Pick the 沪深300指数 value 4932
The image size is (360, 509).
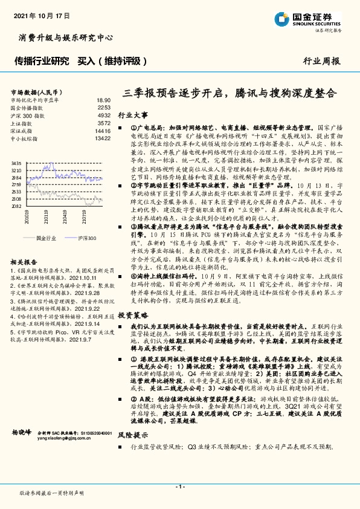pos(104,115)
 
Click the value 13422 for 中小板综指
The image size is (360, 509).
pos(103,138)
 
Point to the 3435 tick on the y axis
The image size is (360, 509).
pos(16,163)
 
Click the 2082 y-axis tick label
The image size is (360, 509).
pos(16,206)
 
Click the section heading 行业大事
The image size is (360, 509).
pos(132,114)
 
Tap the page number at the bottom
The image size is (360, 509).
pos(180,486)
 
